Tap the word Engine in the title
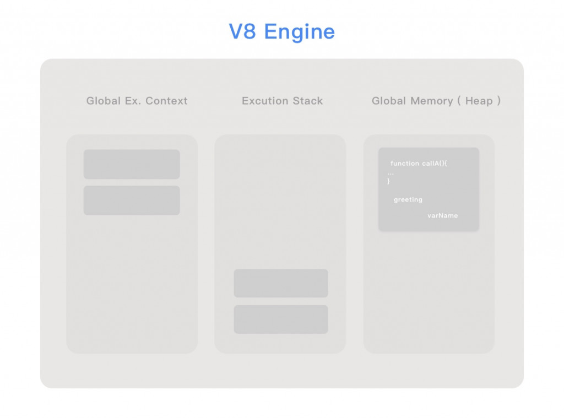coord(299,32)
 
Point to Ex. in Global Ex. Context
coord(130,101)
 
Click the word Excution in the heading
coord(266,101)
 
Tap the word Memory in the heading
coord(432,101)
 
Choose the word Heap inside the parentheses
coord(479,101)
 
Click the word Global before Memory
coord(389,101)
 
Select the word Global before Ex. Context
coord(103,101)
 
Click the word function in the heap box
coord(405,164)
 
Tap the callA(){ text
coord(437,164)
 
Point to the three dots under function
coord(391,173)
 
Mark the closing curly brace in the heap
coord(389,181)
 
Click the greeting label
coord(408,200)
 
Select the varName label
coord(442,215)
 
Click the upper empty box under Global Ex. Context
coord(132,164)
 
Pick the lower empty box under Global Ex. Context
coord(132,200)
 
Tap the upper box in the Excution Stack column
coord(281,283)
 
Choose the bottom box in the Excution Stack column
coord(281,319)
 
